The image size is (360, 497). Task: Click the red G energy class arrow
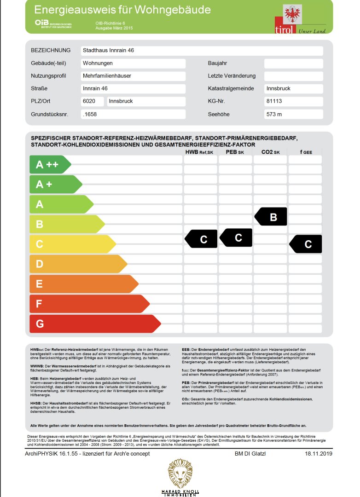[92, 324]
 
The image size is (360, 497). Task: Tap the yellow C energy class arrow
[71, 244]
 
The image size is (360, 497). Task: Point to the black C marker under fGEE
[306, 244]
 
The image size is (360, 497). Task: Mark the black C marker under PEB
[237, 237]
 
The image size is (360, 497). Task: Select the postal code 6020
[88, 101]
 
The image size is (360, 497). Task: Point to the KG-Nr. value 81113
[275, 101]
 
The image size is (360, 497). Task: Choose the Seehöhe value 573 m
[274, 114]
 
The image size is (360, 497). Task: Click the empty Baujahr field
[293, 64]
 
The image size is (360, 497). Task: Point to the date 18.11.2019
[318, 454]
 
